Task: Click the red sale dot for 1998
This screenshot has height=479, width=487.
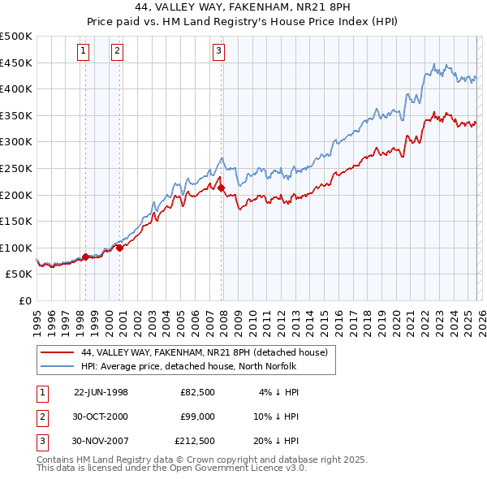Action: [85, 257]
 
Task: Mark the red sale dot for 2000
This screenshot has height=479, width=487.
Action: [119, 248]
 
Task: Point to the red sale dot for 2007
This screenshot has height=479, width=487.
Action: [221, 188]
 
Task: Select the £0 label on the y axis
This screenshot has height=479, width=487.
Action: [24, 300]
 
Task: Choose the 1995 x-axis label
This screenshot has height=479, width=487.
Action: [37, 317]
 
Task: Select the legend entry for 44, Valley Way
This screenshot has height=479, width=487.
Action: [204, 352]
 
